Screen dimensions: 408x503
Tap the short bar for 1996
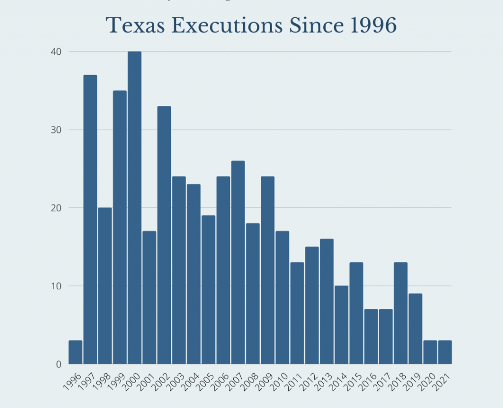[75, 352]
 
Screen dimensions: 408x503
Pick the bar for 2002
[164, 235]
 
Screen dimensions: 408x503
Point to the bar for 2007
[238, 262]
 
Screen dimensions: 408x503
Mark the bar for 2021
[445, 352]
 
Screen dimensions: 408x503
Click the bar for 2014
[341, 325]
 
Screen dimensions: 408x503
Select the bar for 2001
[149, 297]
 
